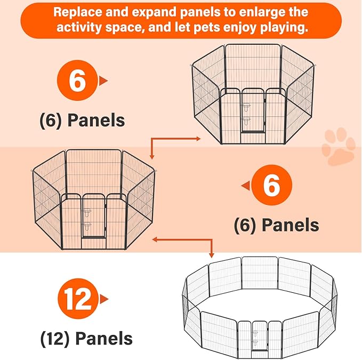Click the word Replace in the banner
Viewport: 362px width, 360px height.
[78, 12]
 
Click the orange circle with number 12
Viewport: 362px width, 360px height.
[78, 299]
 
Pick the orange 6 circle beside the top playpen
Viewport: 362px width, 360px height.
[77, 80]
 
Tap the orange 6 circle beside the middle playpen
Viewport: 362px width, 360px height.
[272, 185]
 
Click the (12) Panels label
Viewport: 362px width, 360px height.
[86, 339]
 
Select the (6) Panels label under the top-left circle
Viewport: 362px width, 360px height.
[82, 121]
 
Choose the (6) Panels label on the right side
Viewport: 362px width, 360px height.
[276, 225]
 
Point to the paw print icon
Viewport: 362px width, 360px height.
[339, 147]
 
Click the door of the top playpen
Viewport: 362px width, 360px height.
[253, 110]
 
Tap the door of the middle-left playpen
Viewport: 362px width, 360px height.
[94, 215]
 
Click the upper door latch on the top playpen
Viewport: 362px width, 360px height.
[246, 107]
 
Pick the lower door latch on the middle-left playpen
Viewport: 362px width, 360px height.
[87, 227]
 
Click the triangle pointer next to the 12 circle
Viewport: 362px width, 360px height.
[104, 299]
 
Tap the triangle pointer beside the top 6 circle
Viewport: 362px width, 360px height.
[103, 81]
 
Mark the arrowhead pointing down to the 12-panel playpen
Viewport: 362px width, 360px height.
[211, 255]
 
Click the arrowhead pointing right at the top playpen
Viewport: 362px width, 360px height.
[198, 139]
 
